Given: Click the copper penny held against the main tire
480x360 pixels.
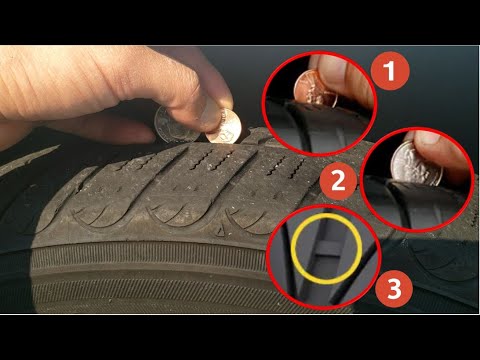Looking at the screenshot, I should (x=227, y=127).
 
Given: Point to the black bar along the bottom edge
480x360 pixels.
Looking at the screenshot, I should (x=240, y=337).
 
